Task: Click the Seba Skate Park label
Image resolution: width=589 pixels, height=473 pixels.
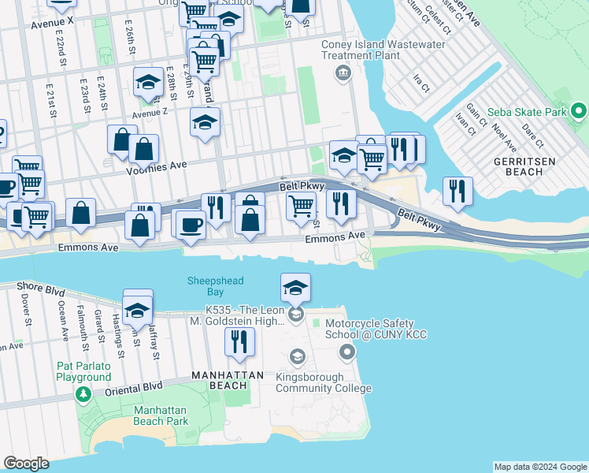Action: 528,113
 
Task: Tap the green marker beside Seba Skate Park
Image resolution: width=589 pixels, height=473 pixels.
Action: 579,111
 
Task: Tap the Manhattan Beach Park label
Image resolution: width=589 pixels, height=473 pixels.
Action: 161,415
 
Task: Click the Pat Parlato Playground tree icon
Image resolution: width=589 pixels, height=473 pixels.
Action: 82,393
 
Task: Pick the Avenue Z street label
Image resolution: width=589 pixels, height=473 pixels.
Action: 150,113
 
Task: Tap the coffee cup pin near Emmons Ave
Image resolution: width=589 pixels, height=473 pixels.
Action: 190,225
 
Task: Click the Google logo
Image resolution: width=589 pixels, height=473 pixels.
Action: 26,464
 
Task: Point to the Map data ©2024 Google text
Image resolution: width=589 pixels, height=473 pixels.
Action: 539,467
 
